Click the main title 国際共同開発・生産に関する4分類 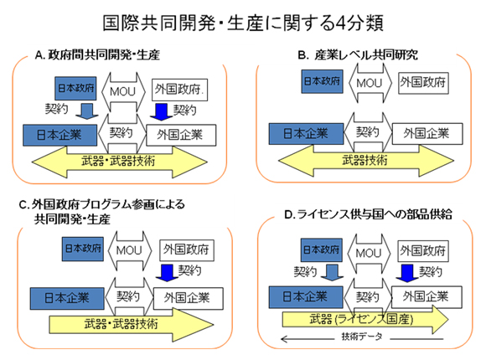(x=243, y=21)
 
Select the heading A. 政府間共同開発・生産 (x=97, y=56)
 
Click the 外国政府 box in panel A (x=184, y=87)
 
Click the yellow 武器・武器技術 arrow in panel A (x=121, y=161)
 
